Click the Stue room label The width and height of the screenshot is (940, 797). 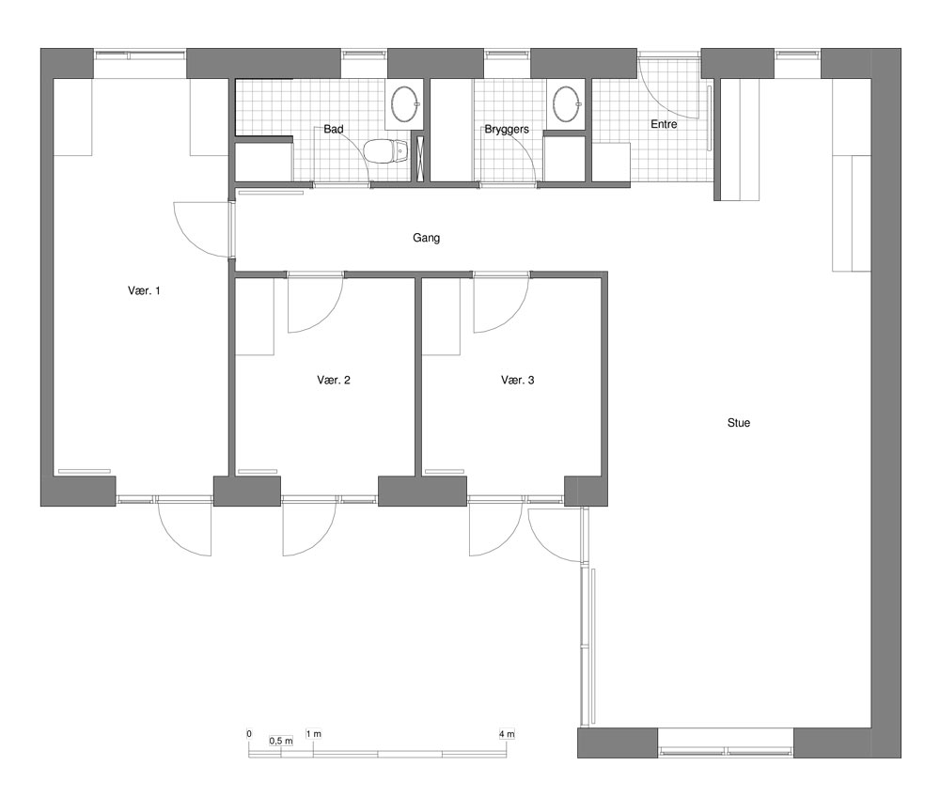click(x=739, y=423)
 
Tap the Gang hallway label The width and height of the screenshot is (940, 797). click(x=426, y=238)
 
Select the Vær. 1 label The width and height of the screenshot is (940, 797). click(x=144, y=290)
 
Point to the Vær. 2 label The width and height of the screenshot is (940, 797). click(x=334, y=380)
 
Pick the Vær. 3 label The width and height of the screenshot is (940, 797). click(x=517, y=380)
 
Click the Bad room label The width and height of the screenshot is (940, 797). click(x=334, y=129)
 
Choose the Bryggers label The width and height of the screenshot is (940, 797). click(x=507, y=130)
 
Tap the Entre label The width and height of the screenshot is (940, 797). click(x=664, y=124)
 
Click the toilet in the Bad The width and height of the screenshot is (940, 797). click(x=385, y=151)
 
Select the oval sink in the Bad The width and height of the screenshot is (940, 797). click(x=404, y=103)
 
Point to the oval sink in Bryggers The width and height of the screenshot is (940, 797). click(x=566, y=103)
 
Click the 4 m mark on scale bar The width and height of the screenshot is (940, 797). click(x=507, y=733)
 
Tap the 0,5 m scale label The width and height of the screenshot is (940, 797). click(x=281, y=741)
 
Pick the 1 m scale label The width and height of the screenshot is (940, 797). click(x=314, y=733)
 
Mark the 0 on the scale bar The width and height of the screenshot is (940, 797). click(x=249, y=733)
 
